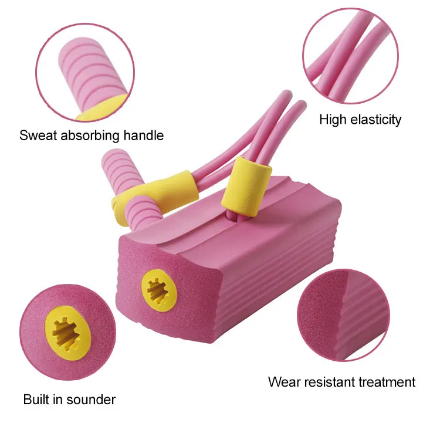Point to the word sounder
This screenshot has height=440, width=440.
coord(91,400)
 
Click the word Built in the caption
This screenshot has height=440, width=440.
coord(36,400)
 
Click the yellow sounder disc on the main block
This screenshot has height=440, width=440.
coord(158,289)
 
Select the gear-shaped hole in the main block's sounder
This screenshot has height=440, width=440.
coord(158,289)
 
